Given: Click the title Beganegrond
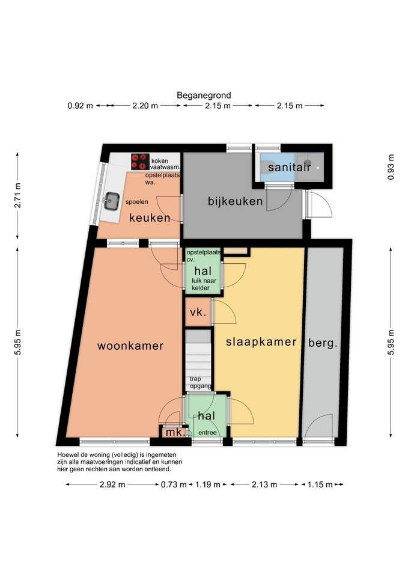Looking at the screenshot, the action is pos(204,96).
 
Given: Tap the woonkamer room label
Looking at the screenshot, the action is pos(130,346).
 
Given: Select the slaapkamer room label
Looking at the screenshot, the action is pos(261,342).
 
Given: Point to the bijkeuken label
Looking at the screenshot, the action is pos(235,201).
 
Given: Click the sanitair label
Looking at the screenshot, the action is pos(290,168).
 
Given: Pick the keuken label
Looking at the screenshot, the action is pos(150,218).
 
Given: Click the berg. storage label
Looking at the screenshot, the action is pos(323,343).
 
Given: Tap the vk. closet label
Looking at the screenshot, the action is pos(198,313).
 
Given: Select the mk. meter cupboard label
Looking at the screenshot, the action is pos(175,432).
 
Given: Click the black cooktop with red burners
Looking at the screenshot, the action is pos(140,162).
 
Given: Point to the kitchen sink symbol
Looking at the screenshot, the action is pos(111,201).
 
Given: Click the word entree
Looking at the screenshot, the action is pos(207,433).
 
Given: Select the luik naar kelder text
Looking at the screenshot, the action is pos(204,284).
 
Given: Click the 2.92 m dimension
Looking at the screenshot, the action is pos(112,484).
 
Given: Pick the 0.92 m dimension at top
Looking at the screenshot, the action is pos(80,106).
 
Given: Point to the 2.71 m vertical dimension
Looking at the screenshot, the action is pos(17,195).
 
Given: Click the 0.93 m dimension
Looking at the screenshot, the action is pos(391,167).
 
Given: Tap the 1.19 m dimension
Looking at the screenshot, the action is pos(207,484).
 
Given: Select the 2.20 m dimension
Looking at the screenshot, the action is pos(145,106).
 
